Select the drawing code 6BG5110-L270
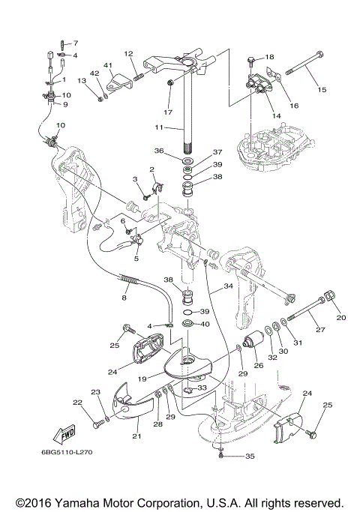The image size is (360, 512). [x=67, y=452]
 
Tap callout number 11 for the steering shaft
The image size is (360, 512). [x=159, y=127]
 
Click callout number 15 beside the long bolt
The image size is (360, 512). [x=322, y=89]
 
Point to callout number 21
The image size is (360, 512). [x=136, y=436]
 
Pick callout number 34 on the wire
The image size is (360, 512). [x=228, y=286]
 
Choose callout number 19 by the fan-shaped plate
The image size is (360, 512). [x=142, y=379]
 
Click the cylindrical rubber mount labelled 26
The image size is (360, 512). [x=254, y=341]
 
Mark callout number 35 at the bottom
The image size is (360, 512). [x=250, y=457]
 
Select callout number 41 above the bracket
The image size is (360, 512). [x=108, y=66]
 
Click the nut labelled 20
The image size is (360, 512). [x=329, y=295]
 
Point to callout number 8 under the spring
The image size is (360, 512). [x=124, y=298]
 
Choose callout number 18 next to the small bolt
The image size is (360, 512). [x=269, y=57]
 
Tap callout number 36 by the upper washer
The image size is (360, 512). [x=159, y=151]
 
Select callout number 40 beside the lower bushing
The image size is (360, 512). [x=205, y=325]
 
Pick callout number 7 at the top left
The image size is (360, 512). [x=76, y=43]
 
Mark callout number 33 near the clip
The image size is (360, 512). [x=202, y=388]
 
